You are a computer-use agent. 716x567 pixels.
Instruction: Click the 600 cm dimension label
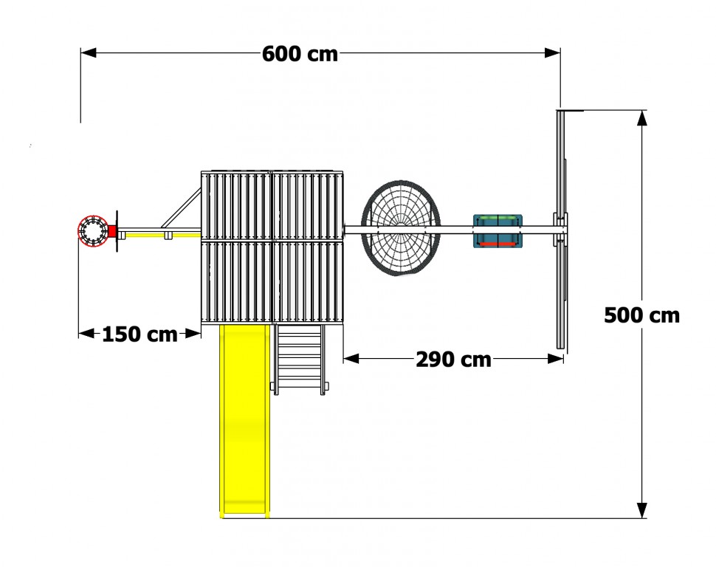[x=300, y=54]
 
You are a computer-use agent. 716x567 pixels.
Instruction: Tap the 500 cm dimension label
[x=641, y=315]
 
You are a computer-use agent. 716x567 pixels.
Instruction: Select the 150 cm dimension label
[x=140, y=334]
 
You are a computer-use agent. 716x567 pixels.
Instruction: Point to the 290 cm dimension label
[x=453, y=360]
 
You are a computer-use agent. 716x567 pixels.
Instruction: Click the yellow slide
[x=244, y=421]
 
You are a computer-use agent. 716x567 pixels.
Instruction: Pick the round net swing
[x=400, y=229]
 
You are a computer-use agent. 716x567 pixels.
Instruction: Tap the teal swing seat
[x=498, y=230]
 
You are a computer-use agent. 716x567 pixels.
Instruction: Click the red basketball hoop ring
[x=94, y=231]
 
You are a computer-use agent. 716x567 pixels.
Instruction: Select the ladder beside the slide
[x=299, y=359]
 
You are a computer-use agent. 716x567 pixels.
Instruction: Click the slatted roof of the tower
[x=273, y=247]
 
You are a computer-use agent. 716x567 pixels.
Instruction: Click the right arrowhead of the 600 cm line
[x=552, y=53]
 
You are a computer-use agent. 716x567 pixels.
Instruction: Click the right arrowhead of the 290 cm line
[x=557, y=359]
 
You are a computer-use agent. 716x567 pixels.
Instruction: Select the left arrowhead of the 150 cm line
[x=86, y=334]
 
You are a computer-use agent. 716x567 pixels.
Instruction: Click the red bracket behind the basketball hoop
[x=113, y=232]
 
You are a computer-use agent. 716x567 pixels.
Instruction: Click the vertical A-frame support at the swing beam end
[x=561, y=229]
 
